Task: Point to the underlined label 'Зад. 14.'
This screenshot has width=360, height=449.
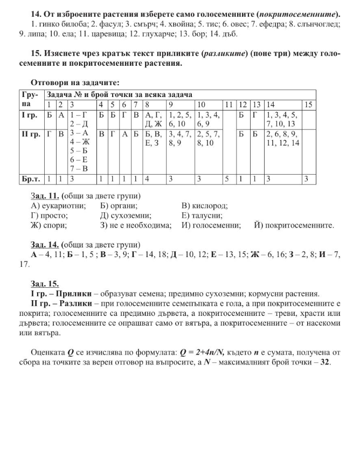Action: tap(45, 244)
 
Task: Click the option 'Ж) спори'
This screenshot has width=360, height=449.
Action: tap(49, 225)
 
